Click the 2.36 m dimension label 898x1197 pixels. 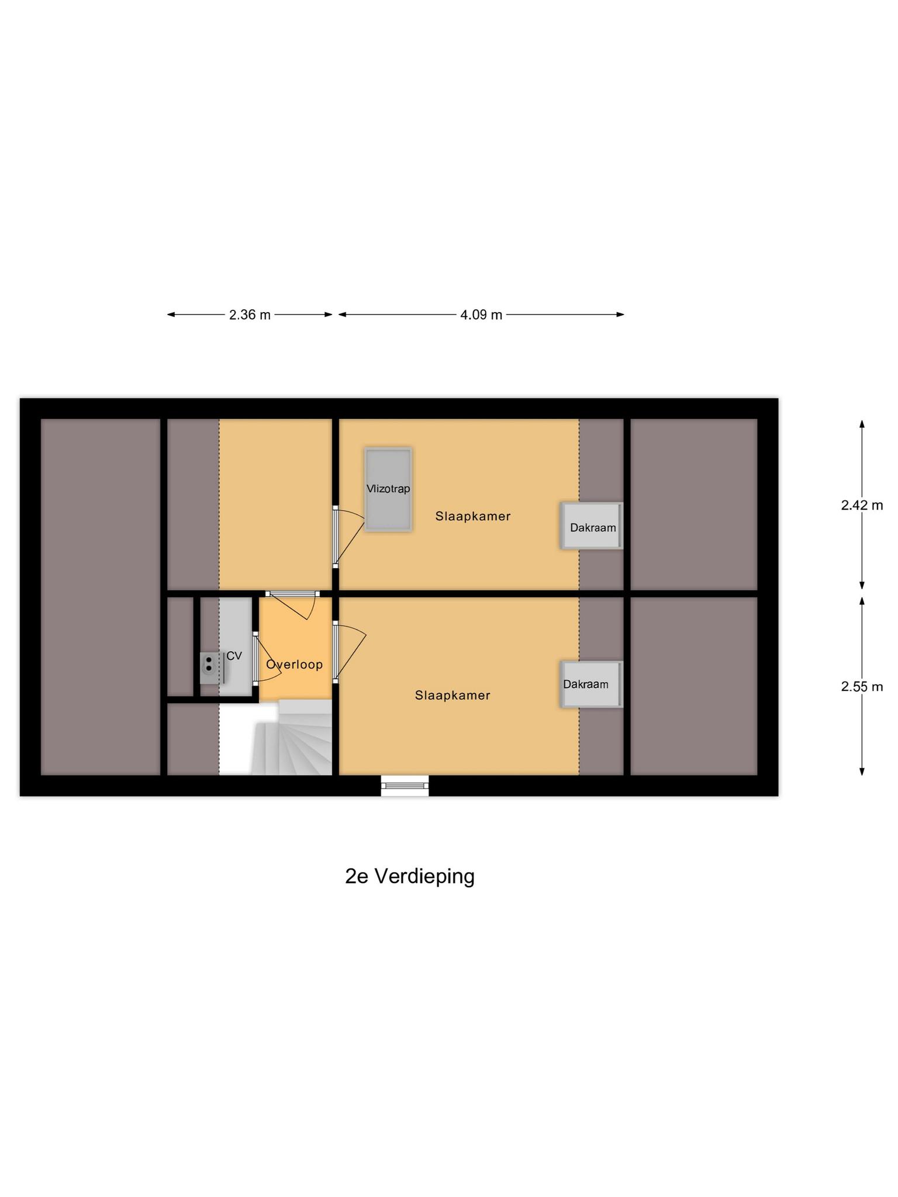tap(250, 315)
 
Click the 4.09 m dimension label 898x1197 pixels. tap(481, 315)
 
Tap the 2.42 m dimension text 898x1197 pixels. tap(862, 506)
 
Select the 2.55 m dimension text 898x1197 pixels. tap(862, 687)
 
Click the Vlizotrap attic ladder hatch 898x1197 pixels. tap(388, 489)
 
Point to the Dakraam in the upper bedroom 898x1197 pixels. tap(592, 526)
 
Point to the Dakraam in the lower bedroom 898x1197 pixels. tap(590, 684)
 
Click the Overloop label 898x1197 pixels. tap(294, 665)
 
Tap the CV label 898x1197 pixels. tap(234, 656)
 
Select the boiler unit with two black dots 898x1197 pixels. tap(209, 667)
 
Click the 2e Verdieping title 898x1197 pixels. tap(410, 876)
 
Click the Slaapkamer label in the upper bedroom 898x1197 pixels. tap(473, 516)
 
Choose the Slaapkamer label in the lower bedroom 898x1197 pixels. tap(453, 695)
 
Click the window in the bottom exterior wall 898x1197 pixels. tap(405, 785)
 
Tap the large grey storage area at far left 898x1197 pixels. tap(101, 596)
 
